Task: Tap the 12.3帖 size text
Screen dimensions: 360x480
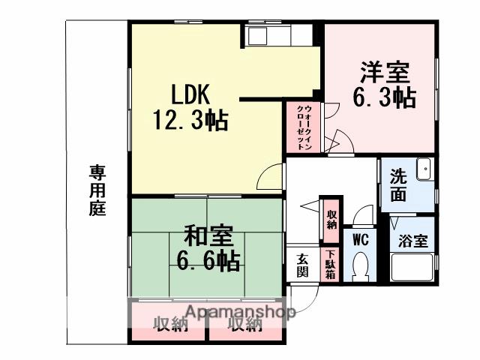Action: click(190, 121)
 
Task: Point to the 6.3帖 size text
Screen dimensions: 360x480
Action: click(384, 98)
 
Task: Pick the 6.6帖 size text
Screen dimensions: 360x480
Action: click(208, 261)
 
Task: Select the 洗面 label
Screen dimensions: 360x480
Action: click(398, 186)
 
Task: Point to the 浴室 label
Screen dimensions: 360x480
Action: click(412, 241)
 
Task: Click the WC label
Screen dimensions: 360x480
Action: click(359, 241)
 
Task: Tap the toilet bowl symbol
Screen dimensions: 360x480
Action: click(360, 265)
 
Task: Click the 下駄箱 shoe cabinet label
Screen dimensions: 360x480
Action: click(329, 267)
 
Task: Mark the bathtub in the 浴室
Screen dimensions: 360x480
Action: click(412, 268)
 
